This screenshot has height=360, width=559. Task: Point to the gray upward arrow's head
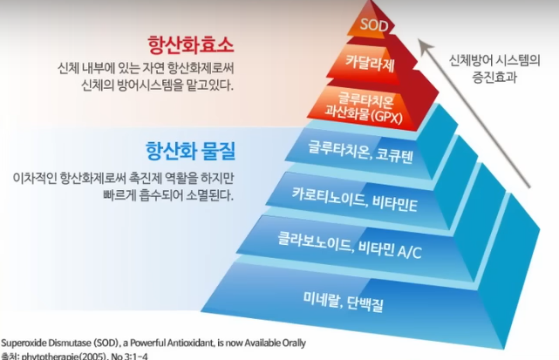(x=426, y=41)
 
